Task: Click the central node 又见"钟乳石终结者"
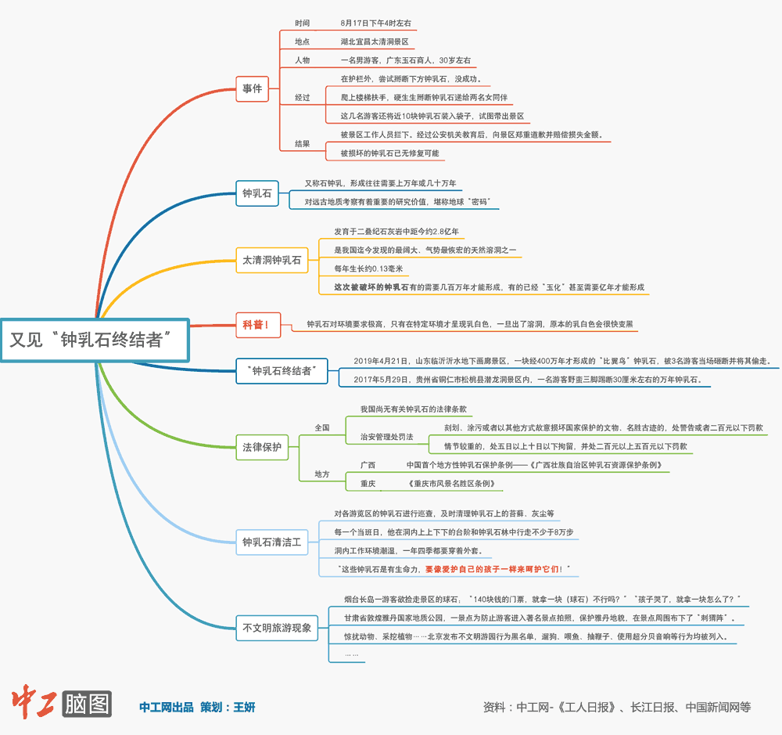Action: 95,340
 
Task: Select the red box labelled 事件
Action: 253,89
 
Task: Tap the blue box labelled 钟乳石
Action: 257,193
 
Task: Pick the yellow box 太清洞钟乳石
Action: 271,260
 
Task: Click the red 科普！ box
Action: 257,324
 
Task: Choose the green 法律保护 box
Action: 261,448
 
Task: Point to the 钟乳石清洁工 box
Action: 271,542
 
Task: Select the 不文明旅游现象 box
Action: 276,627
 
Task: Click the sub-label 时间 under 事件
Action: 302,23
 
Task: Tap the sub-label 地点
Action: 302,41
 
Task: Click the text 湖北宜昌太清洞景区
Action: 375,41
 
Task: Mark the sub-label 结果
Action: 302,144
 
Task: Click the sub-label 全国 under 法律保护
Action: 322,428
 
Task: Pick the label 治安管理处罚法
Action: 386,437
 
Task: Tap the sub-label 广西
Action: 367,465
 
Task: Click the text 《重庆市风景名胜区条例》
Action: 452,484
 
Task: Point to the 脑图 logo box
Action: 88,704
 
